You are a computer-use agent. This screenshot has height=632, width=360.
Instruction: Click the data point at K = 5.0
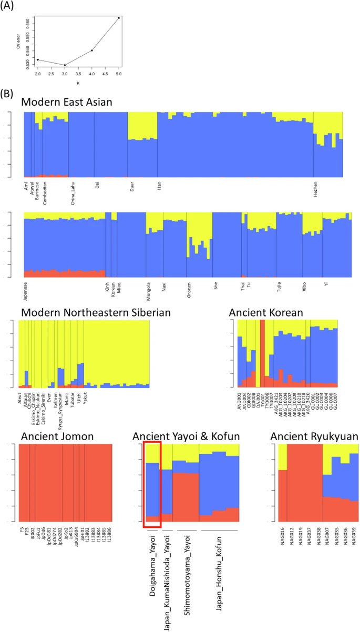(119, 18)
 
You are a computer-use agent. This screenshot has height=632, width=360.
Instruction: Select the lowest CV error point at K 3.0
(65, 65)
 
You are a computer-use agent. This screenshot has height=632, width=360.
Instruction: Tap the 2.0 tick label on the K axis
(38, 74)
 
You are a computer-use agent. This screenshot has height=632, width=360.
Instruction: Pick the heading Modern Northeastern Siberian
(96, 312)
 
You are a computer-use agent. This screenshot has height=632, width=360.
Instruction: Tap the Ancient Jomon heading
(57, 436)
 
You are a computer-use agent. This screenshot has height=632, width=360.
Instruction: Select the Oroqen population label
(189, 289)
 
